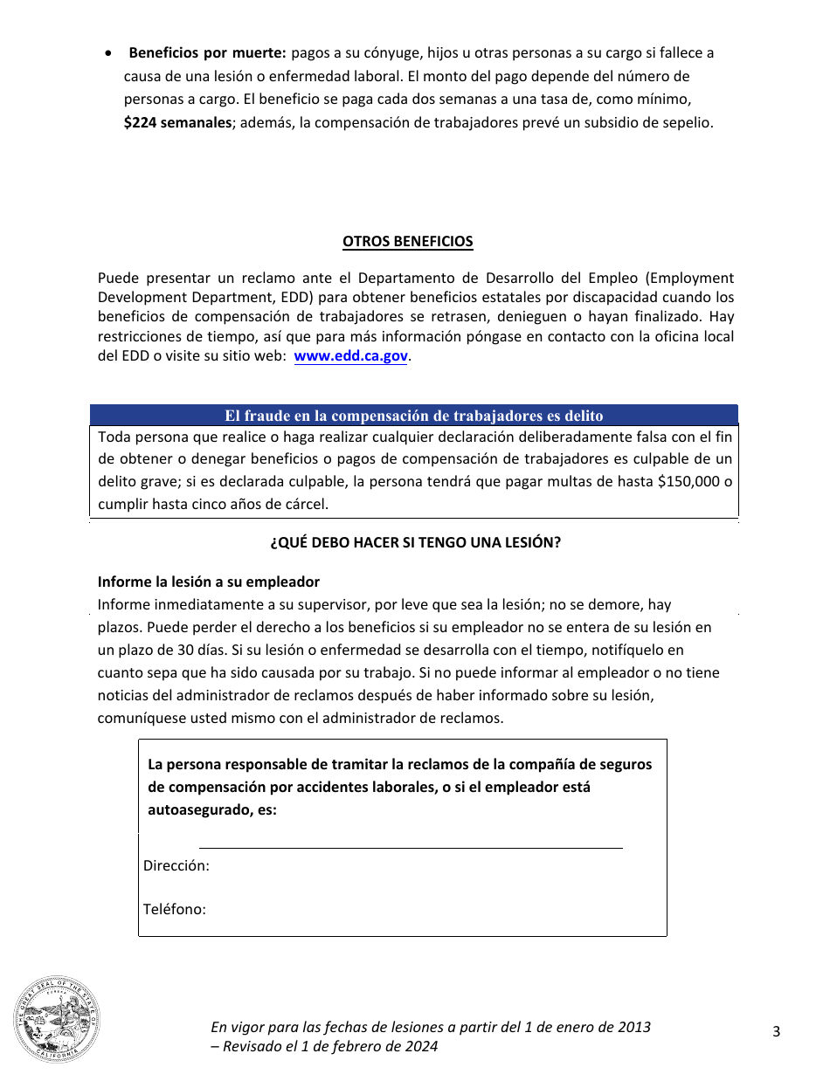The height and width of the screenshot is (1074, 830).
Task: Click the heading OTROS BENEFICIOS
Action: (x=408, y=242)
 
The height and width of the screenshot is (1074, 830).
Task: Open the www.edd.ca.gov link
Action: (x=351, y=356)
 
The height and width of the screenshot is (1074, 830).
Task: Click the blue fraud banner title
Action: (x=414, y=416)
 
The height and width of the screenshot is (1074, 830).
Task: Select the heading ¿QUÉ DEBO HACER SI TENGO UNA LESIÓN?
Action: (x=415, y=542)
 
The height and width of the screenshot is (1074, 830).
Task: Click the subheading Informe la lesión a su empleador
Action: (x=209, y=582)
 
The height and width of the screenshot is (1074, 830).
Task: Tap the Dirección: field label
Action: (x=176, y=866)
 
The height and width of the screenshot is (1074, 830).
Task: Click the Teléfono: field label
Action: (x=175, y=910)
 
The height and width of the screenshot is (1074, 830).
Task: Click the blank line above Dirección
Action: (x=411, y=845)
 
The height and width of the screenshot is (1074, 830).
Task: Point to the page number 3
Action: (x=776, y=1032)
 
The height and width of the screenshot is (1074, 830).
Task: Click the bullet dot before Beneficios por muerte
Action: (x=107, y=53)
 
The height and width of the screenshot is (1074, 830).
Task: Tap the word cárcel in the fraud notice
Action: (x=307, y=505)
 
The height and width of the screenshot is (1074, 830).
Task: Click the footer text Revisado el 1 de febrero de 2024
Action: (x=330, y=1046)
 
